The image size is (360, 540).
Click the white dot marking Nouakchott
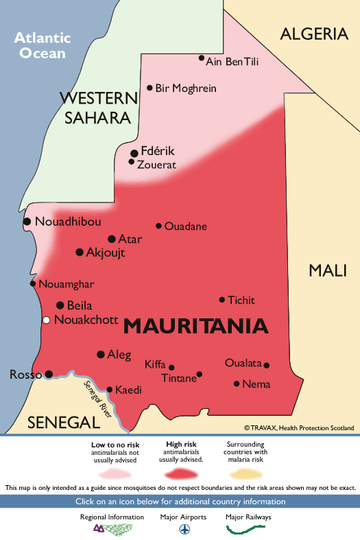click(46, 320)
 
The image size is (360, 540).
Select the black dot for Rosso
click(49, 374)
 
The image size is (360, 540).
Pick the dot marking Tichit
click(221, 300)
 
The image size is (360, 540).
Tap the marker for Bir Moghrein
click(149, 88)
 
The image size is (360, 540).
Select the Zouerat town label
click(156, 165)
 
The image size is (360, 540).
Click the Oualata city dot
click(267, 365)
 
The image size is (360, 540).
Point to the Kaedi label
click(128, 390)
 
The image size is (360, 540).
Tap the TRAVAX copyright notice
click(299, 427)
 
